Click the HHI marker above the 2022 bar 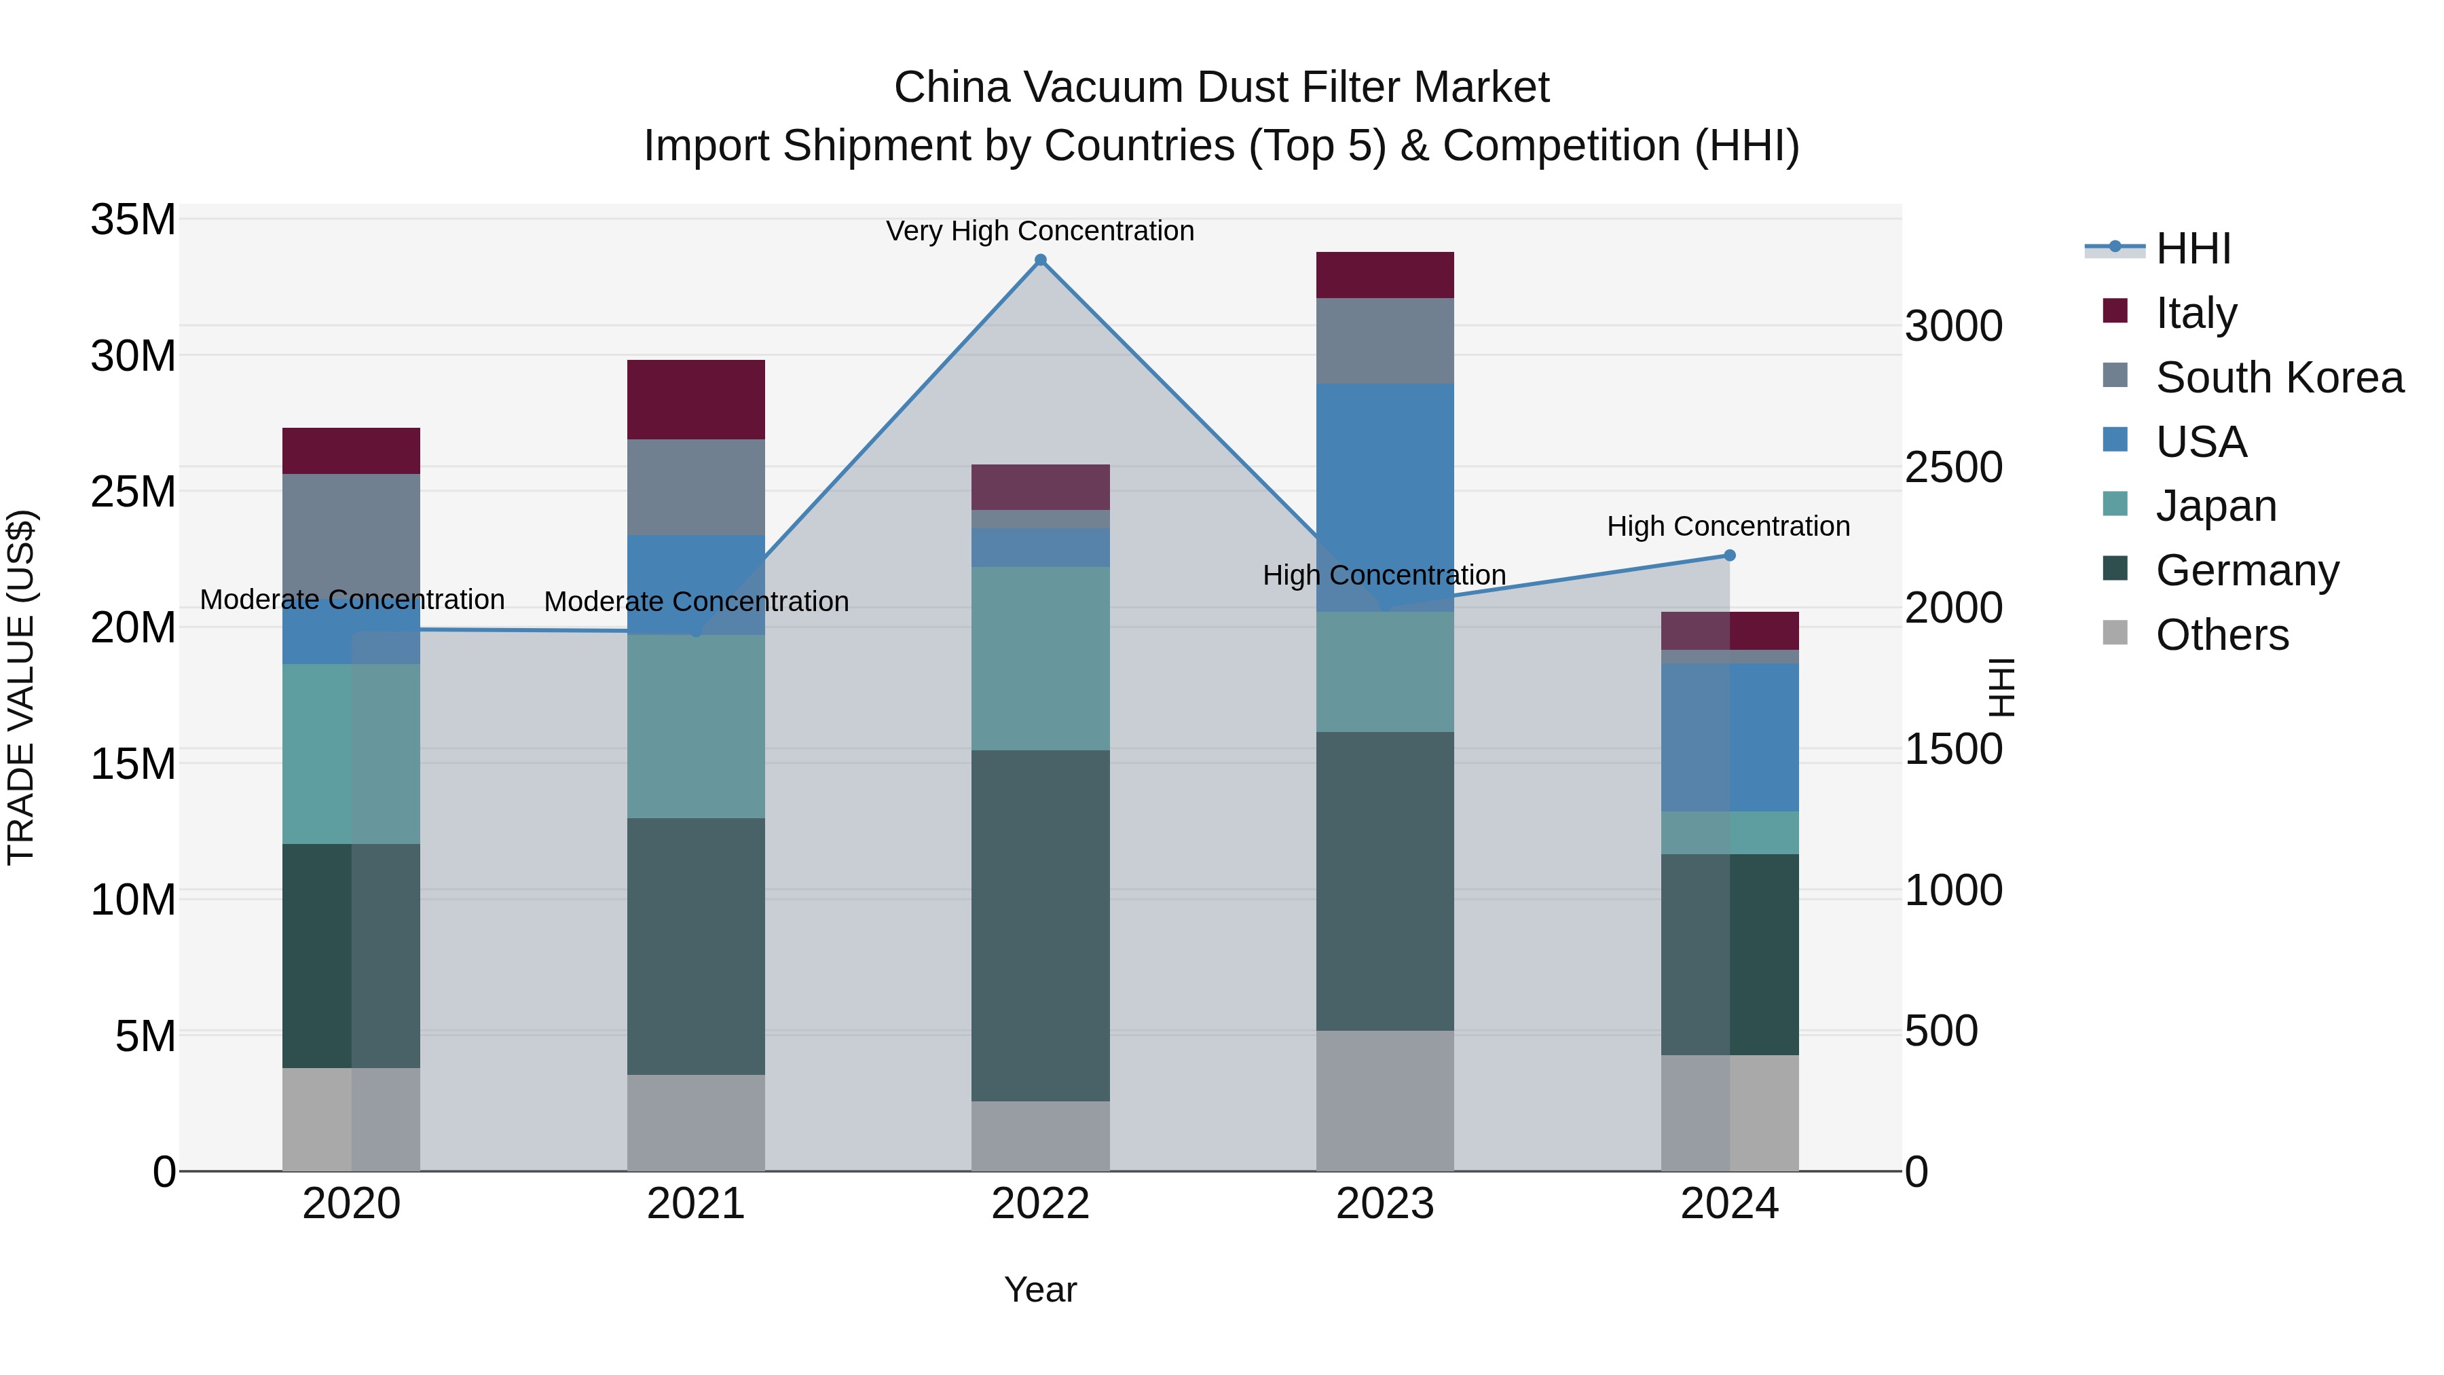click(1040, 260)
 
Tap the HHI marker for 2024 click(1728, 555)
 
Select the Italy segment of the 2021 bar click(695, 399)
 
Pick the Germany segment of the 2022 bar click(1040, 925)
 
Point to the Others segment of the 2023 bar click(1384, 1100)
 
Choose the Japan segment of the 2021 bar click(695, 726)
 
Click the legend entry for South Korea click(2278, 377)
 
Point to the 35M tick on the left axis click(133, 220)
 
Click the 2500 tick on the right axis click(1953, 467)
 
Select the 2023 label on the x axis click(1384, 1204)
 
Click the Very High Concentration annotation click(1040, 231)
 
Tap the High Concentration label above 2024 click(1728, 526)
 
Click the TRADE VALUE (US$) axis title click(21, 687)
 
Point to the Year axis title click(1040, 1289)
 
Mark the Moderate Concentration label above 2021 click(695, 602)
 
